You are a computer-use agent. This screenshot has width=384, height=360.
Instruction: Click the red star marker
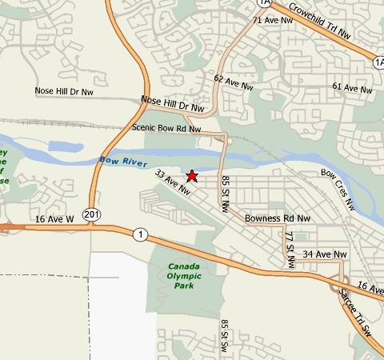click(x=192, y=175)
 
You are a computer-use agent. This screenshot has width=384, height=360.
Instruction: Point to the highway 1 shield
click(x=142, y=234)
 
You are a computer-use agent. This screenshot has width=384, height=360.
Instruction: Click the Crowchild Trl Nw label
click(x=320, y=21)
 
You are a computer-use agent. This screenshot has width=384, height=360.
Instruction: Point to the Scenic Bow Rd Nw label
click(x=166, y=128)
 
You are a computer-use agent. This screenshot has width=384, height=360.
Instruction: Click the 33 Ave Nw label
click(x=172, y=182)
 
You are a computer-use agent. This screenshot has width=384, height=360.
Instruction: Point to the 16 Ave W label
click(x=54, y=218)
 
